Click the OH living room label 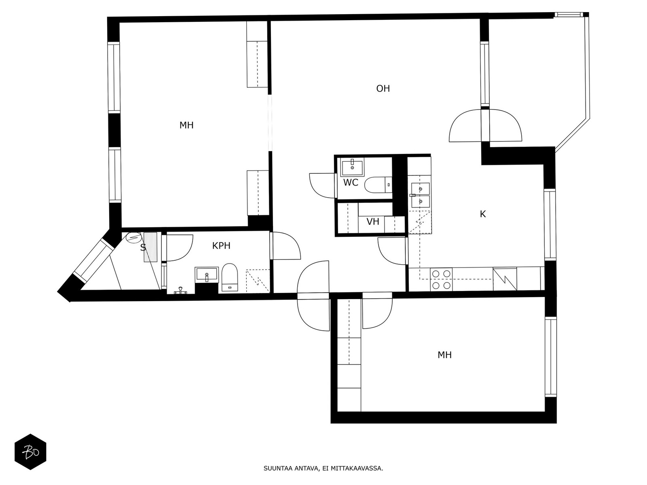(x=383, y=89)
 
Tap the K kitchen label (x=483, y=214)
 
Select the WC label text (x=351, y=183)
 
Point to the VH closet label (x=373, y=221)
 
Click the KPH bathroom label (x=221, y=246)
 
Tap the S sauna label (x=143, y=247)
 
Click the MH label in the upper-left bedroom (x=186, y=125)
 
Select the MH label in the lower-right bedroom (x=444, y=355)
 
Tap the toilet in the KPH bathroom (x=230, y=277)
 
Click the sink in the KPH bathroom (x=207, y=274)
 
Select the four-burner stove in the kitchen (x=441, y=279)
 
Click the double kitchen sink (x=420, y=195)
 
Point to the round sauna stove (x=134, y=237)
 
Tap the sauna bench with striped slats (x=150, y=247)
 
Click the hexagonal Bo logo (x=31, y=452)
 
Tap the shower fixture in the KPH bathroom (x=180, y=290)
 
